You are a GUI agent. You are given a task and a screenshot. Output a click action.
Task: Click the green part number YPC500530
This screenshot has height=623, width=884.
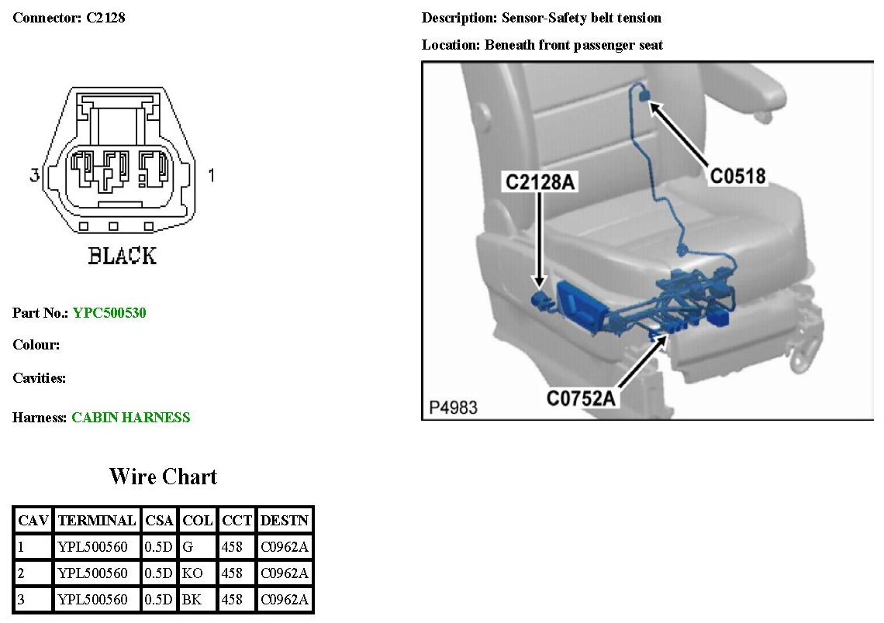[x=109, y=313]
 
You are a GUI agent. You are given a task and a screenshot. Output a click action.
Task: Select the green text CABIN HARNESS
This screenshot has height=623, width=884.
[x=130, y=418]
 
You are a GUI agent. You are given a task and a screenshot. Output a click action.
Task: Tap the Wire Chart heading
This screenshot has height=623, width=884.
[x=163, y=476]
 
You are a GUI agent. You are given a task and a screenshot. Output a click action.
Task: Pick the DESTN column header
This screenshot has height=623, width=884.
[x=285, y=520]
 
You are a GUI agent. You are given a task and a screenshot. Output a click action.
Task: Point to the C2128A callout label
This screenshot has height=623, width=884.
[x=540, y=182]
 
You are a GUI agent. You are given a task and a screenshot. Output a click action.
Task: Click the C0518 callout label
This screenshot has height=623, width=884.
[x=737, y=177]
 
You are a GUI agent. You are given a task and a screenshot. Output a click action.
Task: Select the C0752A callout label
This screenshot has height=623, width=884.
[x=581, y=398]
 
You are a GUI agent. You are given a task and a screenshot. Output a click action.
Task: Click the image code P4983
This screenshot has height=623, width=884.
[x=453, y=407]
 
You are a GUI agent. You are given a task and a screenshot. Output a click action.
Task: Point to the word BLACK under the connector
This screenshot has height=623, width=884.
[x=123, y=256]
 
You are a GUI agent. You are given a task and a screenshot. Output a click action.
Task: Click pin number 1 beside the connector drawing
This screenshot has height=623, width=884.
[x=212, y=177]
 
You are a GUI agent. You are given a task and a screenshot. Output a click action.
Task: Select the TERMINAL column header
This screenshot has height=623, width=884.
[x=97, y=520]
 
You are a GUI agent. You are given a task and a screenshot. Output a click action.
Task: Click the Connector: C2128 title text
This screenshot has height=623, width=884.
[x=69, y=18]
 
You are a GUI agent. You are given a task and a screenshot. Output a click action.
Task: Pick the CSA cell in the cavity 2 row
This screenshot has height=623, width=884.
[x=159, y=573]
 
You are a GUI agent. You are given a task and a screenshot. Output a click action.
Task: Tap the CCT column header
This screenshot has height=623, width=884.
[x=237, y=520]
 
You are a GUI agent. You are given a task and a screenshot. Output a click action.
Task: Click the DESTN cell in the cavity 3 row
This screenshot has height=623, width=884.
[x=285, y=600]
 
